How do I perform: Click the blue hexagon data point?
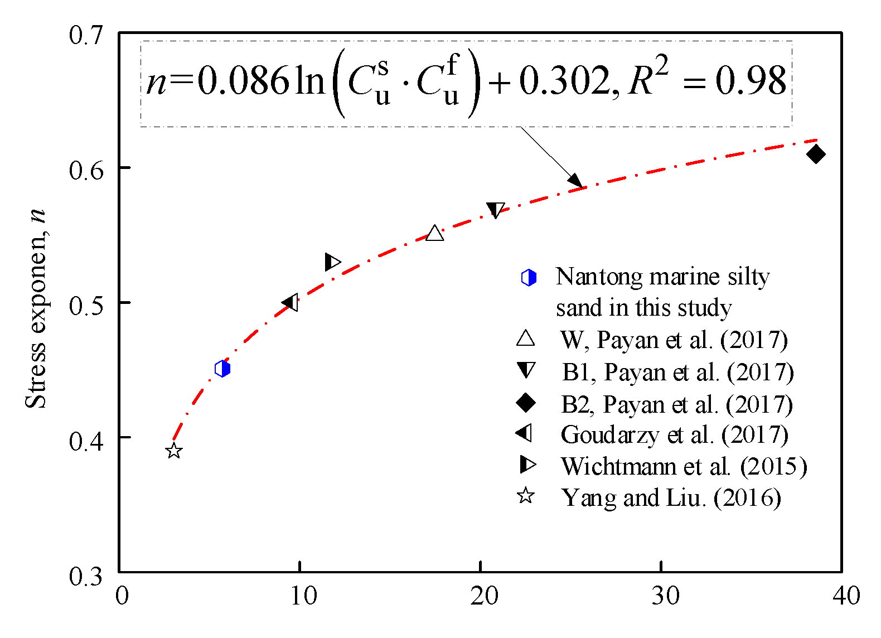pos(222,369)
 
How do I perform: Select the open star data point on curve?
pos(174,451)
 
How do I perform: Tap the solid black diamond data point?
pos(816,154)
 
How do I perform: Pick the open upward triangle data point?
pos(435,234)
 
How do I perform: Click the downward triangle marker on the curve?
pos(495,210)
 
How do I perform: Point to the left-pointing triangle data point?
pos(291,303)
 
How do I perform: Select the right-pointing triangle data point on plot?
pos(332,262)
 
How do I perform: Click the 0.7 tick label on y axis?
pos(86,35)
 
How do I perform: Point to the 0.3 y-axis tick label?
pos(86,576)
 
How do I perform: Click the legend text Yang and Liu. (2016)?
pos(671,497)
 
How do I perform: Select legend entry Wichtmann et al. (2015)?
pos(684,466)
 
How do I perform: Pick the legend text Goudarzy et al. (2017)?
pos(674,435)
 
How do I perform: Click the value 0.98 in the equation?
pos(751,81)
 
